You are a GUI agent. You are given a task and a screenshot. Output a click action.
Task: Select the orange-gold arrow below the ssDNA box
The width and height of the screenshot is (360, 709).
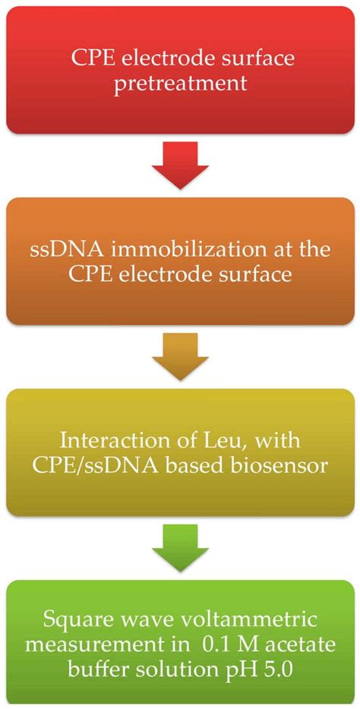coord(179,358)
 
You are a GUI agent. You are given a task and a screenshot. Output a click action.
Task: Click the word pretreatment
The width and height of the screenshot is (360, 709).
coord(181,83)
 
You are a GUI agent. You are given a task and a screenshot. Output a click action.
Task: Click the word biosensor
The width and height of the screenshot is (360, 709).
coord(286,464)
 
